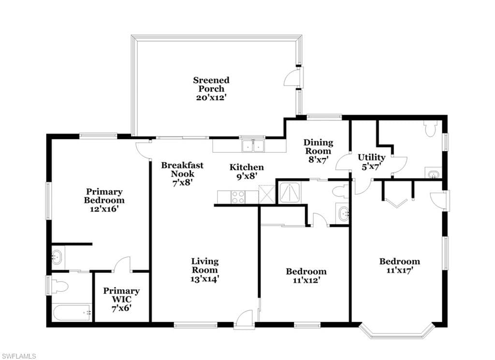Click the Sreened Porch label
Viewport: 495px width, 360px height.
pos(211,84)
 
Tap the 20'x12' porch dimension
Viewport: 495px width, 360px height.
pos(211,97)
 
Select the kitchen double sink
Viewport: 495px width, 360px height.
pos(253,146)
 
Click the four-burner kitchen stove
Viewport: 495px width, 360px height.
pos(238,197)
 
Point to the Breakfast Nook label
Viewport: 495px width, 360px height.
pos(182,169)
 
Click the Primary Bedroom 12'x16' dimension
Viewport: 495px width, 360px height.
pos(104,209)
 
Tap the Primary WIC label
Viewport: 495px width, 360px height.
pos(121,295)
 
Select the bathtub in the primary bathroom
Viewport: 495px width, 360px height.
pos(73,313)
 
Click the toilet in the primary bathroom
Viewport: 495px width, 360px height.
pos(59,286)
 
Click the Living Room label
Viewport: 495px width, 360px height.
pos(205,266)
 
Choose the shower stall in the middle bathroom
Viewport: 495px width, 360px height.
pos(290,193)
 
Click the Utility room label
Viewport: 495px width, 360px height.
pos(371,157)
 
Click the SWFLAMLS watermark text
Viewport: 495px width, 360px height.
pos(18,356)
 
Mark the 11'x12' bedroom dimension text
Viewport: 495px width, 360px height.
pos(306,280)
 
